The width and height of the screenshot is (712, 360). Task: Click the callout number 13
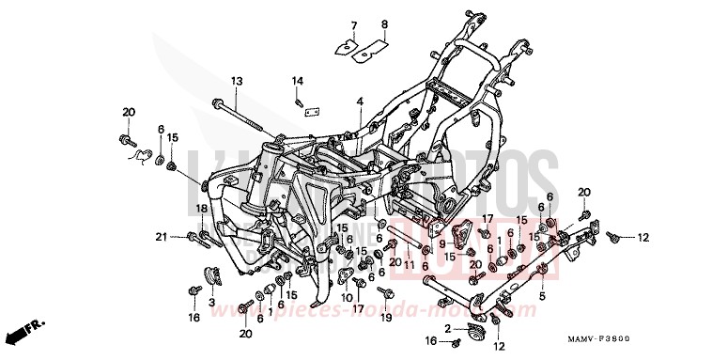237,80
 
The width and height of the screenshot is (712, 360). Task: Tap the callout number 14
297,80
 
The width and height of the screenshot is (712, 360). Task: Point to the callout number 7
355,23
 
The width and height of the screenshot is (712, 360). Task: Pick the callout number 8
383,23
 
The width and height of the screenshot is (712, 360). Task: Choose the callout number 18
200,209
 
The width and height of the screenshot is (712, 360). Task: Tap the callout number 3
211,303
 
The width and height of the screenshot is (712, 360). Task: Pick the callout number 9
441,243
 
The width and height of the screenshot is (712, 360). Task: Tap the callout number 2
448,328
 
